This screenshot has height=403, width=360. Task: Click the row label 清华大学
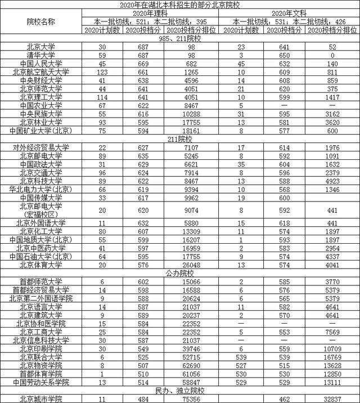(x=41, y=56)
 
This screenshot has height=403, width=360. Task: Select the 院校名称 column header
(x=41, y=21)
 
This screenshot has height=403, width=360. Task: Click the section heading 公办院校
(x=180, y=273)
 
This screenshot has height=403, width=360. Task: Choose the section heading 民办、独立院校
(x=180, y=391)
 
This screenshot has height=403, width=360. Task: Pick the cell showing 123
(x=102, y=72)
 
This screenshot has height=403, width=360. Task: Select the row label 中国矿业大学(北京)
(x=41, y=130)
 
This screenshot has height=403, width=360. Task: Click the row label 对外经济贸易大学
(x=41, y=147)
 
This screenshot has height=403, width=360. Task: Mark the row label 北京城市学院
(x=41, y=399)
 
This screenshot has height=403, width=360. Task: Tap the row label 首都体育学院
(x=41, y=374)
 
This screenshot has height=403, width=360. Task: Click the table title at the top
(x=180, y=5)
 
